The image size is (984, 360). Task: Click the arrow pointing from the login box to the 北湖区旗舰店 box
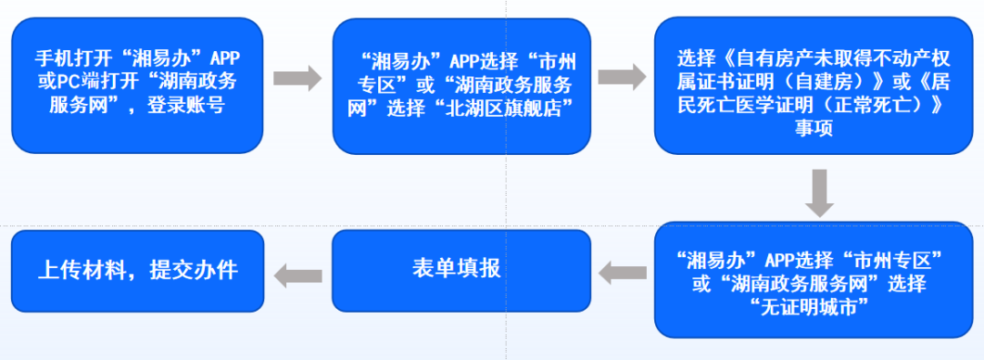coord(298,78)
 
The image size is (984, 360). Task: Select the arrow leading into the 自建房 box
coord(622,78)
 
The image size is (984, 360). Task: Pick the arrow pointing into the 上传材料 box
coord(298,271)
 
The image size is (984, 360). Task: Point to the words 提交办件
coord(198,270)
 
